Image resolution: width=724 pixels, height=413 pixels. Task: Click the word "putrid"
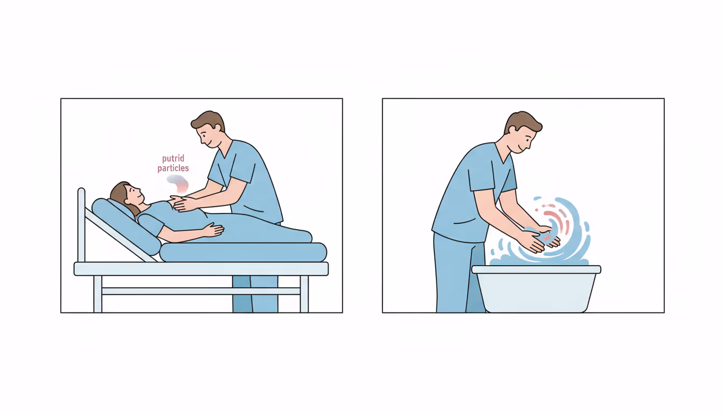pyautogui.click(x=173, y=159)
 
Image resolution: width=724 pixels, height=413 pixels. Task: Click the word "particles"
pyautogui.click(x=173, y=168)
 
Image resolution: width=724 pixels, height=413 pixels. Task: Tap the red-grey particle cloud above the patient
pyautogui.click(x=178, y=184)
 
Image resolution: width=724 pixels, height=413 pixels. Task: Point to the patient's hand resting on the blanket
pyautogui.click(x=213, y=230)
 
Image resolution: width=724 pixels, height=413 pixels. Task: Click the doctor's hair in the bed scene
pyautogui.click(x=209, y=121)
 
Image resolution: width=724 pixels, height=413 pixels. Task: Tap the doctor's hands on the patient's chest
pyautogui.click(x=184, y=204)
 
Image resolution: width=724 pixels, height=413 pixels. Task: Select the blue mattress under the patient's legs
pyautogui.click(x=243, y=252)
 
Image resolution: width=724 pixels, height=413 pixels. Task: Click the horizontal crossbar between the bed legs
pyautogui.click(x=201, y=291)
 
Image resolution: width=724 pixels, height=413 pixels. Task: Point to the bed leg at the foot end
pyautogui.click(x=304, y=294)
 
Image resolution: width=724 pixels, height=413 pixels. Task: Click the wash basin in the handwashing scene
pyautogui.click(x=537, y=289)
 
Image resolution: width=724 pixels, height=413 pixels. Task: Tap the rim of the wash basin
pyautogui.click(x=537, y=269)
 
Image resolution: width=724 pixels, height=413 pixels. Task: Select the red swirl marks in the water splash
pyautogui.click(x=556, y=219)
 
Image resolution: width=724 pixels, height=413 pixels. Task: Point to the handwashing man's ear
pyautogui.click(x=512, y=130)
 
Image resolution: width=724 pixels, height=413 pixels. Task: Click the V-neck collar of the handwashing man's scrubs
pyautogui.click(x=504, y=154)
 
